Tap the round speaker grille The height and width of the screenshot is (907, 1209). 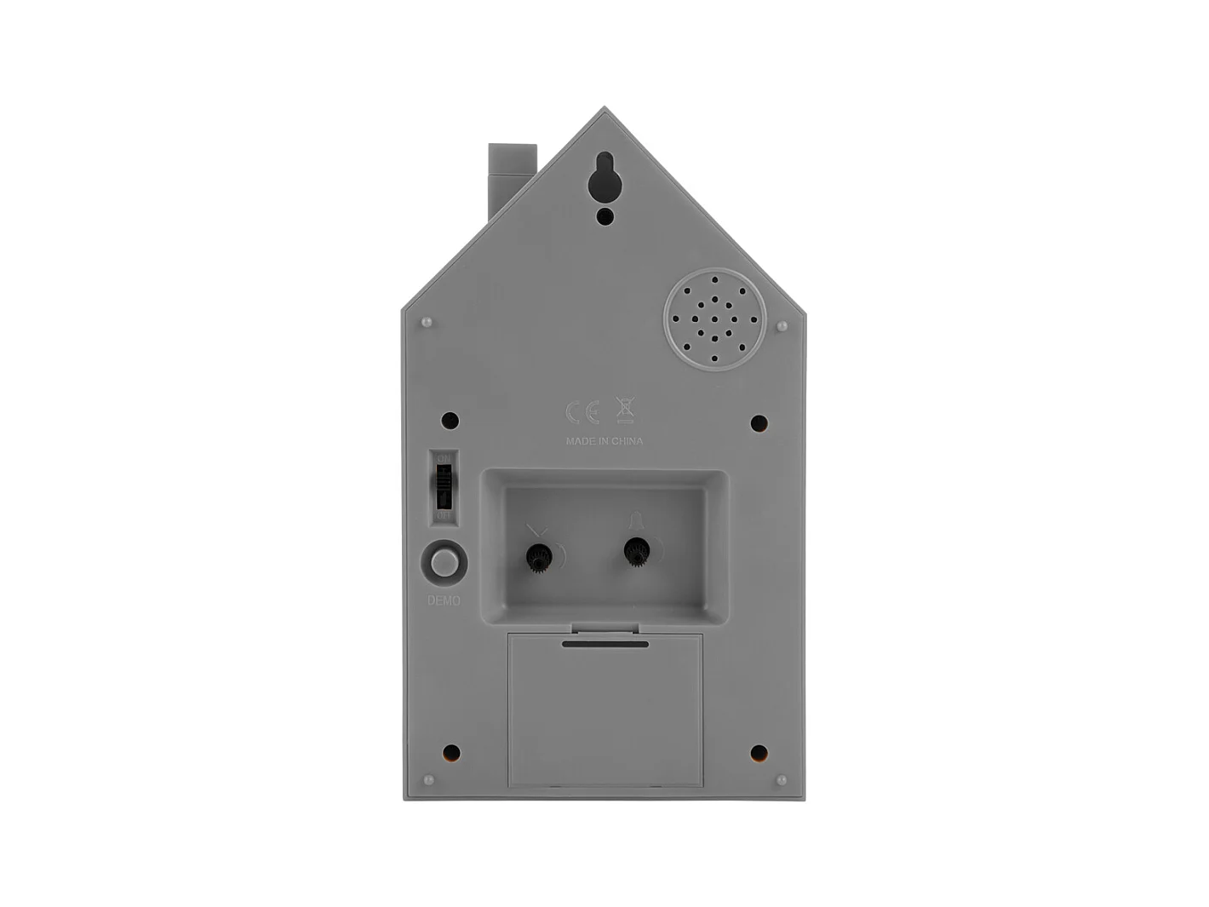tap(714, 321)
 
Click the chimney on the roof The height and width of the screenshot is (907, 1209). tap(511, 175)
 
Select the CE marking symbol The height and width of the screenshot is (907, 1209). tap(583, 412)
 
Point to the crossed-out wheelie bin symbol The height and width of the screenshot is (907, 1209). tap(625, 410)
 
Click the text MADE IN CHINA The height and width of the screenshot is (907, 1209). tap(604, 441)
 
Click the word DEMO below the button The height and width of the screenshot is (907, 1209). tap(444, 600)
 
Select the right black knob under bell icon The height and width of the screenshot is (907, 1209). tap(635, 553)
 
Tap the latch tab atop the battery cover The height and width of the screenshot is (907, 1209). tap(605, 629)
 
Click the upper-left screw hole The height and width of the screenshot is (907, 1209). tap(450, 421)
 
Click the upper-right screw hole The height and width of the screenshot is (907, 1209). tap(759, 422)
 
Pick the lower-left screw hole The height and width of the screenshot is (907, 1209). tap(451, 752)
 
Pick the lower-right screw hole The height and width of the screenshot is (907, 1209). tap(759, 753)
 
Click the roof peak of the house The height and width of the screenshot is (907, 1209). tap(604, 111)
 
